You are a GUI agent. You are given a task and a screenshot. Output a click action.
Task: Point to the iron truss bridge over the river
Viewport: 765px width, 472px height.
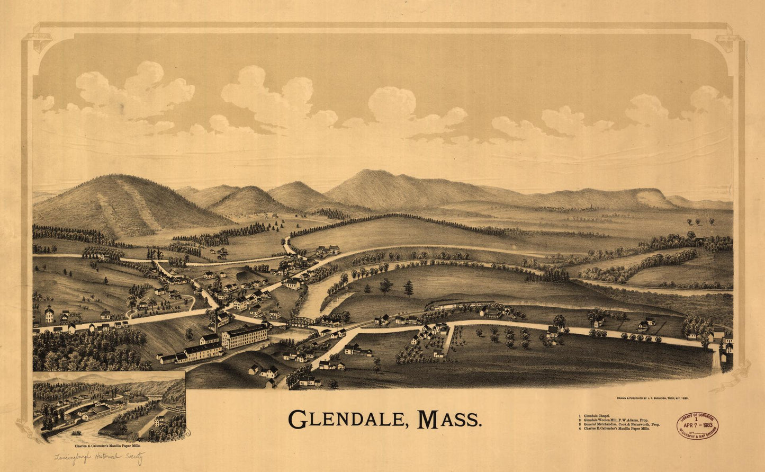pos(301,322)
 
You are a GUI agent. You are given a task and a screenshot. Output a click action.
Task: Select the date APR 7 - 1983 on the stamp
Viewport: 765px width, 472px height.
pos(698,424)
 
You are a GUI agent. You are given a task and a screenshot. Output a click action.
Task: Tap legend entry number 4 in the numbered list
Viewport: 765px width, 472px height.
pos(580,429)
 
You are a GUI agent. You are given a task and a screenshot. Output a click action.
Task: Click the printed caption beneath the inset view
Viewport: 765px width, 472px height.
pos(107,447)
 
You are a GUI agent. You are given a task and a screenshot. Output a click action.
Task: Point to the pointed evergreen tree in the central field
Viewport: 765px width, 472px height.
pos(408,288)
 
